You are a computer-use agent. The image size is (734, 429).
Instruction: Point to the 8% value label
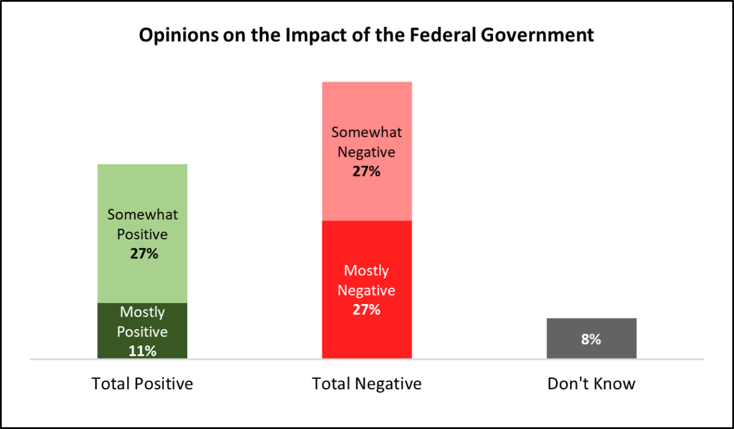pos(591,339)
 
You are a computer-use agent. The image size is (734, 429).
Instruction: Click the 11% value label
pos(143,351)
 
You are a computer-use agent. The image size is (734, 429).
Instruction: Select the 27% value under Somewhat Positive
pos(144,253)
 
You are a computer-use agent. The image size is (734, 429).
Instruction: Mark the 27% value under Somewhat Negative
pos(367,171)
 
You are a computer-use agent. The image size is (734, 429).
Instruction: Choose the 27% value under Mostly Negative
pos(367,309)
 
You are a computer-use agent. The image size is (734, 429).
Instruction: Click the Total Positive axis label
pos(143,384)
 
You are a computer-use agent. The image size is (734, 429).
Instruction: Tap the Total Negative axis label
pos(367,384)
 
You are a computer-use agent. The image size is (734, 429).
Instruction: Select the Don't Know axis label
pos(591,384)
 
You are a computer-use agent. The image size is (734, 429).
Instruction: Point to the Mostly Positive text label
pos(143,322)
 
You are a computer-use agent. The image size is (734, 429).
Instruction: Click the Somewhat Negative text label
pos(367,142)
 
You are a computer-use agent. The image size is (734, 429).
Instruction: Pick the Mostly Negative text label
pos(367,280)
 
